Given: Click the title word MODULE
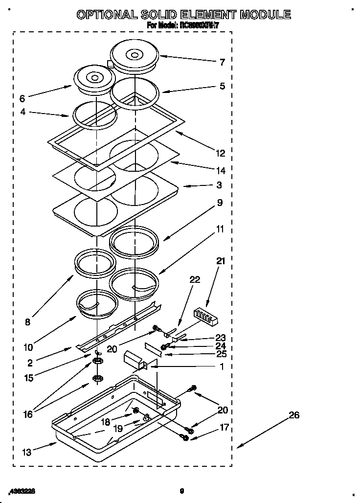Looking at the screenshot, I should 264,15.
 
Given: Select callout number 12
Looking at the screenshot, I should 221,154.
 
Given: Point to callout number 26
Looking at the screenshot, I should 293,415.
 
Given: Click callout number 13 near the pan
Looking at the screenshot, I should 27,453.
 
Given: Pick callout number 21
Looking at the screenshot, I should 221,261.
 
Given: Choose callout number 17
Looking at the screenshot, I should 224,427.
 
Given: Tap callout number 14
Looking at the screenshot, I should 221,171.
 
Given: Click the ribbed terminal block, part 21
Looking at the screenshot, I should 204,316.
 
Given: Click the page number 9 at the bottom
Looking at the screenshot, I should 181,490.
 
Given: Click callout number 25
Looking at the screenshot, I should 221,354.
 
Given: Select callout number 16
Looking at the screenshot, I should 28,414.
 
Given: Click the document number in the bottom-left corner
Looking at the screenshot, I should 23,490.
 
